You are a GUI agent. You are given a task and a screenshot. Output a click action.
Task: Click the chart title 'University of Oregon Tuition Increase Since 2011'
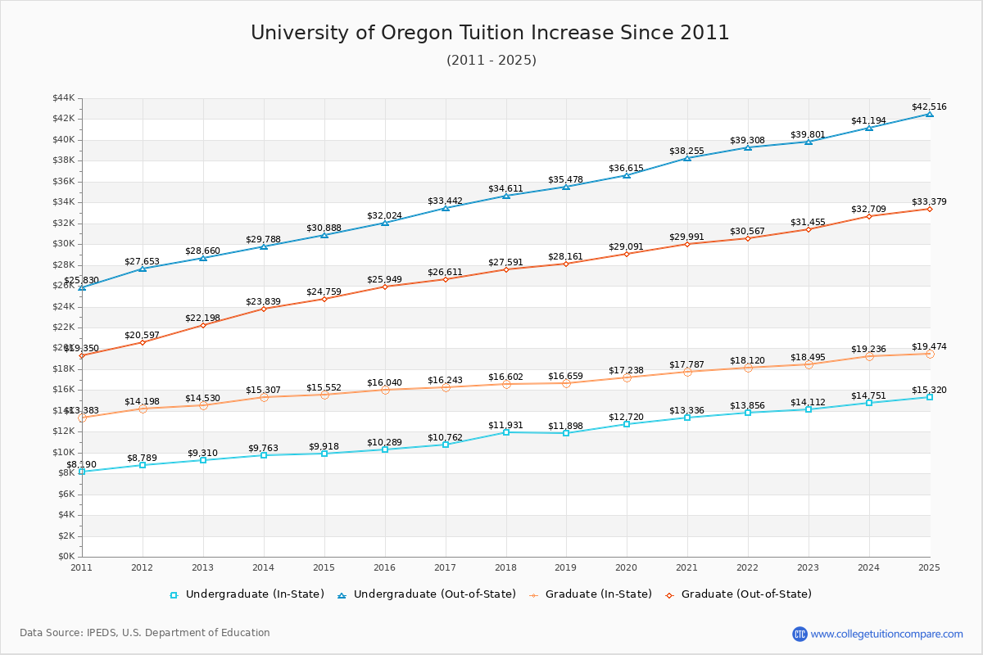pyautogui.click(x=490, y=33)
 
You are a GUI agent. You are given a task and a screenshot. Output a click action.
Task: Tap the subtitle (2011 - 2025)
pyautogui.click(x=491, y=61)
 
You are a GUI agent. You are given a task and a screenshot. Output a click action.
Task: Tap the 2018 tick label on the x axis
pyautogui.click(x=506, y=567)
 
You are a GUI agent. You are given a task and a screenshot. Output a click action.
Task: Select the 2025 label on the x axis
pyautogui.click(x=929, y=567)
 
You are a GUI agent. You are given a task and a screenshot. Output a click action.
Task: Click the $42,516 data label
pyautogui.click(x=929, y=106)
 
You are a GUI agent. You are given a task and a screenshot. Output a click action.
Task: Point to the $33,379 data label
pyautogui.click(x=929, y=202)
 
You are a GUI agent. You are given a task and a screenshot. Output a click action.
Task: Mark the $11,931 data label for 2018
pyautogui.click(x=505, y=425)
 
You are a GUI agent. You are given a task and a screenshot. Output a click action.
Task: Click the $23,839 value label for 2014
pyautogui.click(x=263, y=301)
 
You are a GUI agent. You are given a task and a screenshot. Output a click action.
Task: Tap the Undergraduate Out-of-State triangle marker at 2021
pyautogui.click(x=687, y=158)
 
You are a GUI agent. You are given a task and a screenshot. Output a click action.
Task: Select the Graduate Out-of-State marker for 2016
pyautogui.click(x=385, y=287)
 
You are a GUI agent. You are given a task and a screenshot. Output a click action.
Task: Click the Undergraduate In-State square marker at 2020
pyautogui.click(x=627, y=424)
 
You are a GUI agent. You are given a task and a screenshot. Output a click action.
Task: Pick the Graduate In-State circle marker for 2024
pyautogui.click(x=869, y=356)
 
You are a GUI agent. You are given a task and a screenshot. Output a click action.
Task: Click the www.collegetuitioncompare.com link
pyautogui.click(x=886, y=634)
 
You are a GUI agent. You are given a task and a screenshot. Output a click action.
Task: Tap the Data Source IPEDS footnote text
pyautogui.click(x=145, y=633)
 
